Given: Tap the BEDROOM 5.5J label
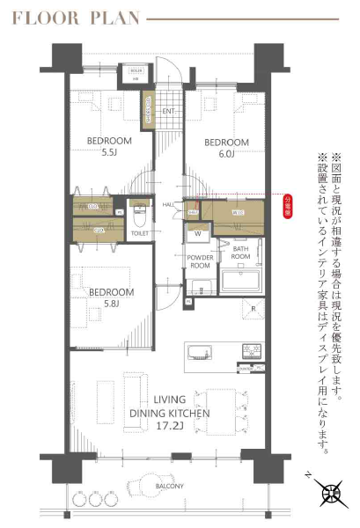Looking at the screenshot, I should [109, 147].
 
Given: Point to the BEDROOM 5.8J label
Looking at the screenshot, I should [111, 297].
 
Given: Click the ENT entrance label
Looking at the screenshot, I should [168, 111].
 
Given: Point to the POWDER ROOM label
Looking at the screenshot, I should [200, 261].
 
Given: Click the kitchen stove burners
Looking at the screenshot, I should [252, 349].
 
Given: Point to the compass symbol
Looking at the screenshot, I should [332, 494].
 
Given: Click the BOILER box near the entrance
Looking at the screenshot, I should [136, 72].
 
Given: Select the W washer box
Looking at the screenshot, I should [197, 234].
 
